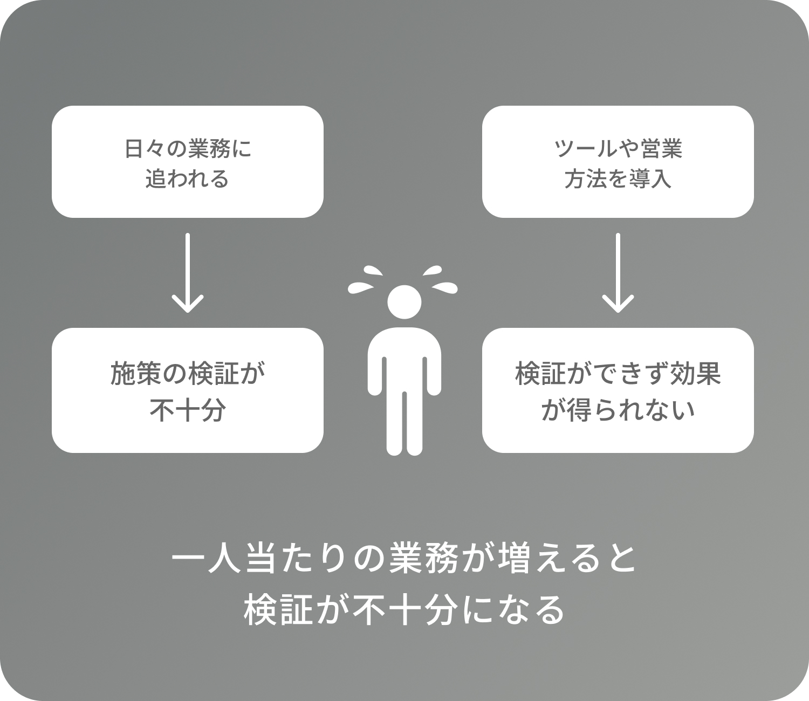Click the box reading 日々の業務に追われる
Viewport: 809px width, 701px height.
pyautogui.click(x=187, y=162)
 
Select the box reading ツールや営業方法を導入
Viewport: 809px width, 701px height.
pyautogui.click(x=618, y=162)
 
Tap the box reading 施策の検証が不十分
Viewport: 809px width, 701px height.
pyautogui.click(x=187, y=390)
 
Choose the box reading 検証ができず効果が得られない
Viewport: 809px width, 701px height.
pyautogui.click(x=618, y=390)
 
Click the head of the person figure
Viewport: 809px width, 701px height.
pyautogui.click(x=404, y=302)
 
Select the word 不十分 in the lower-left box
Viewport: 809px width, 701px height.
pyautogui.click(x=187, y=410)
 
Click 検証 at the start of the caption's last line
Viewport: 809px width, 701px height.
pyautogui.click(x=278, y=610)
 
